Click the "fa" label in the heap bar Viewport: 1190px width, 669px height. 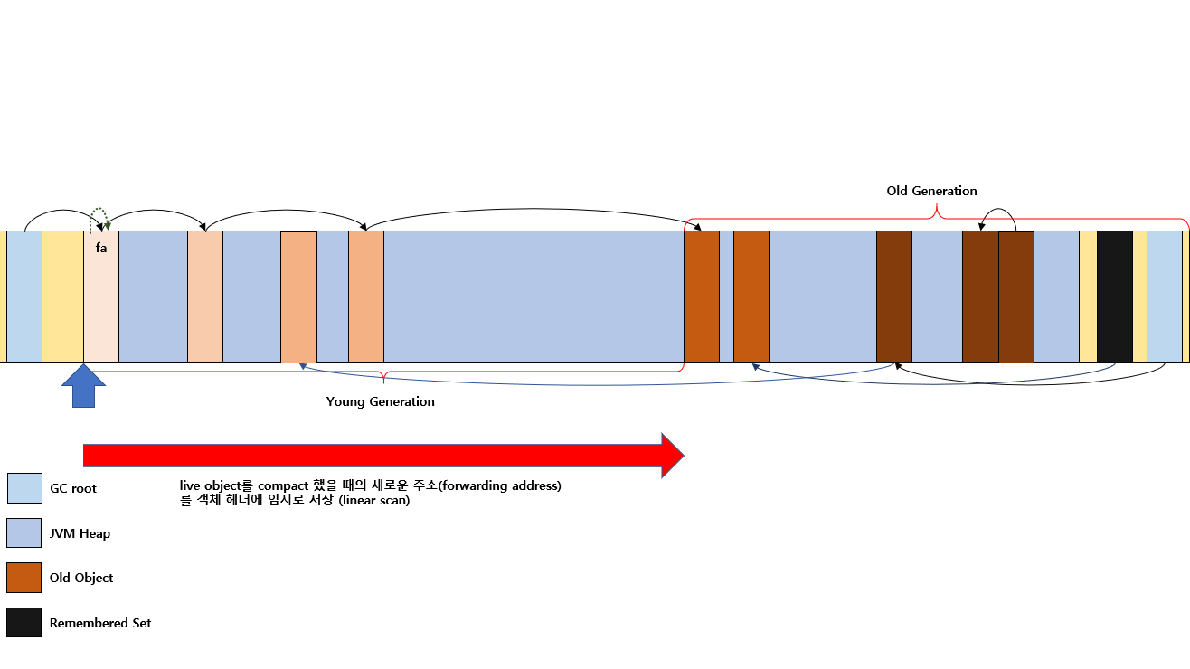pos(101,248)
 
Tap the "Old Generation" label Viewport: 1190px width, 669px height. pos(931,191)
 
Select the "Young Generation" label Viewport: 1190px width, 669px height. pos(381,401)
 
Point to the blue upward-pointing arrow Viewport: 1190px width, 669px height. pos(83,386)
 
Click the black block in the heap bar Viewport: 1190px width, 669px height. pos(1115,297)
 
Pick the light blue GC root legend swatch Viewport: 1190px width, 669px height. pos(24,488)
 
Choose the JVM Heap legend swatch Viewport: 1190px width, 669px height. pos(24,532)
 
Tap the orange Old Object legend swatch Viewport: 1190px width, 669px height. pos(24,578)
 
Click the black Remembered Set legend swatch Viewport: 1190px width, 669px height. pos(24,622)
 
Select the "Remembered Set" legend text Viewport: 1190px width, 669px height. pos(100,623)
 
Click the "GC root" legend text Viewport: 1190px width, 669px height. pos(73,488)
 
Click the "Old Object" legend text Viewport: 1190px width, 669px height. pos(81,578)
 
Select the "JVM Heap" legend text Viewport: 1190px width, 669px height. pos(80,533)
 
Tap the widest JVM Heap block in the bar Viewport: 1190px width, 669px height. pos(534,297)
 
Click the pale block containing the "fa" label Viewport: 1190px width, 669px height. pos(101,297)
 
